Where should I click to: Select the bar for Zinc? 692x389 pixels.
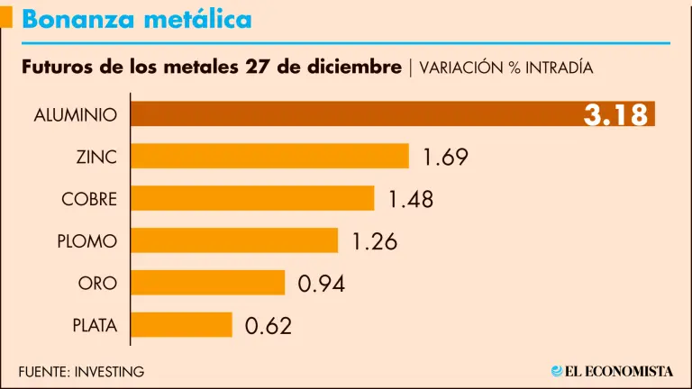click(x=270, y=156)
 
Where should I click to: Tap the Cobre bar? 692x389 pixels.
click(x=252, y=198)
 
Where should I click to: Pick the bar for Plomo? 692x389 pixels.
click(x=234, y=240)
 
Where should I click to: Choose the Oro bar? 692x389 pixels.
click(x=208, y=283)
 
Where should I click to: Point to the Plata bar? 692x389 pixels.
click(x=181, y=325)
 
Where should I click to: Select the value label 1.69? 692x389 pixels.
click(x=445, y=158)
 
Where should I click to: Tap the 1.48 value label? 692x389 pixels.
click(x=411, y=199)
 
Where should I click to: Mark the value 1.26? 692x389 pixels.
click(x=374, y=241)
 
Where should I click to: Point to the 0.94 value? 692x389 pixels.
click(x=322, y=284)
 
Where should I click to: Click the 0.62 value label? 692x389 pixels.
click(x=269, y=326)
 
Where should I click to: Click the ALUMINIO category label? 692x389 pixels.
click(x=76, y=115)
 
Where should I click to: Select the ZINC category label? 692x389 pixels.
click(x=96, y=157)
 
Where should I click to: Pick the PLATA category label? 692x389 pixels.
click(x=95, y=326)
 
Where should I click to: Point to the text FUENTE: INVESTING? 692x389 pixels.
click(x=81, y=371)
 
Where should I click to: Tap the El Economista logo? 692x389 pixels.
click(x=612, y=370)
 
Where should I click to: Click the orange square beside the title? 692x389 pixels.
click(x=6, y=18)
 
